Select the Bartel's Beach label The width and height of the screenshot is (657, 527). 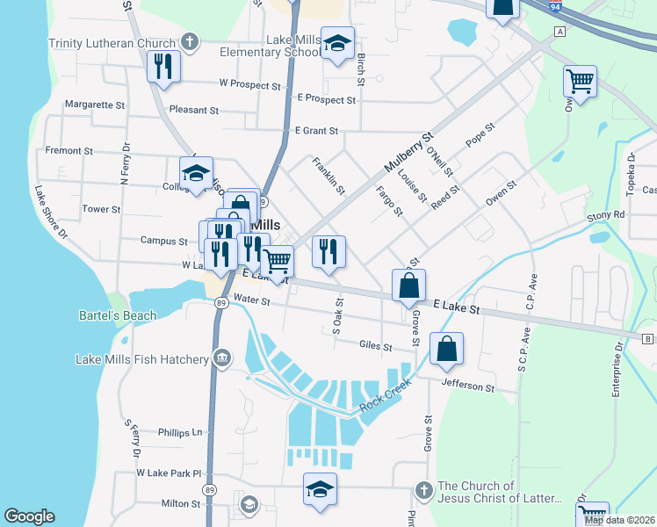point(118,315)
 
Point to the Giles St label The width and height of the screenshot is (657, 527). point(375,346)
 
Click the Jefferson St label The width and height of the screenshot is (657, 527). point(468,387)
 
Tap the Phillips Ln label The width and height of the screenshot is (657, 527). point(180,432)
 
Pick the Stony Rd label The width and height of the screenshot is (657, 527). point(605,214)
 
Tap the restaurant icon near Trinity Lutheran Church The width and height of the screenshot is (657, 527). point(162,66)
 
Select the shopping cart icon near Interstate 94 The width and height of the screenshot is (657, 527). point(580,81)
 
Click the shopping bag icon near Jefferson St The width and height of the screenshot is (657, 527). point(447,348)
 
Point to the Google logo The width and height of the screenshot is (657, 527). point(29,516)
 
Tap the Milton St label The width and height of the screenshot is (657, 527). point(181,503)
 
